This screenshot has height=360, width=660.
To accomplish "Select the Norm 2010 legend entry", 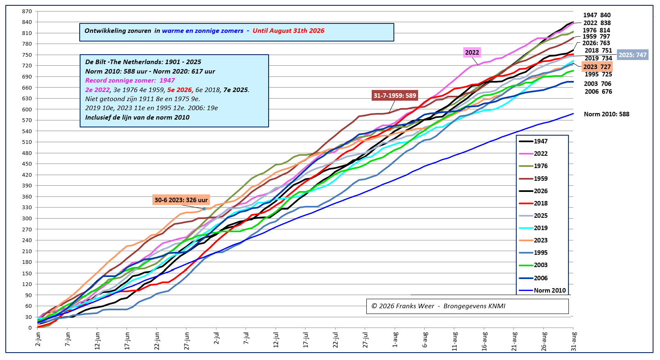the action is coord(542,291).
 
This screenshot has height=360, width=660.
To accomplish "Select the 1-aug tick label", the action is coord(395,339).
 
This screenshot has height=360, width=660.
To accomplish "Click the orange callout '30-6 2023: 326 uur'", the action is coord(181,200).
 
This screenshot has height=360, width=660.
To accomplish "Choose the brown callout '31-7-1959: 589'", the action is coord(395,95).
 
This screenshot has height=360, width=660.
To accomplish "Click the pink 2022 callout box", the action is coord(472,53).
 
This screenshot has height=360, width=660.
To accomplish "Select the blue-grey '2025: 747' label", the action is coord(632,55).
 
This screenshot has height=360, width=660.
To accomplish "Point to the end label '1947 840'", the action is coord(597,15).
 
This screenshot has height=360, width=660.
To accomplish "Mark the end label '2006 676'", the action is coord(598,92).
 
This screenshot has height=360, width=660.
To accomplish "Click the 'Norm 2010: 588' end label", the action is coord(607,114).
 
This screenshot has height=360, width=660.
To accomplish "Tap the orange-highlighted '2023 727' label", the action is coord(597,67).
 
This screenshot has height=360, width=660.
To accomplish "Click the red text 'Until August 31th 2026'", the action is coord(288,31).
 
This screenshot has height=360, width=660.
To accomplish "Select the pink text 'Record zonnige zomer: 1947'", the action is coord(130,80).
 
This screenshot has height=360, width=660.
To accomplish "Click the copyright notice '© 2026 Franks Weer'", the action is coord(403,306).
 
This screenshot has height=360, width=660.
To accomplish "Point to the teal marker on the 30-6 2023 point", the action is coord(204,209).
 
